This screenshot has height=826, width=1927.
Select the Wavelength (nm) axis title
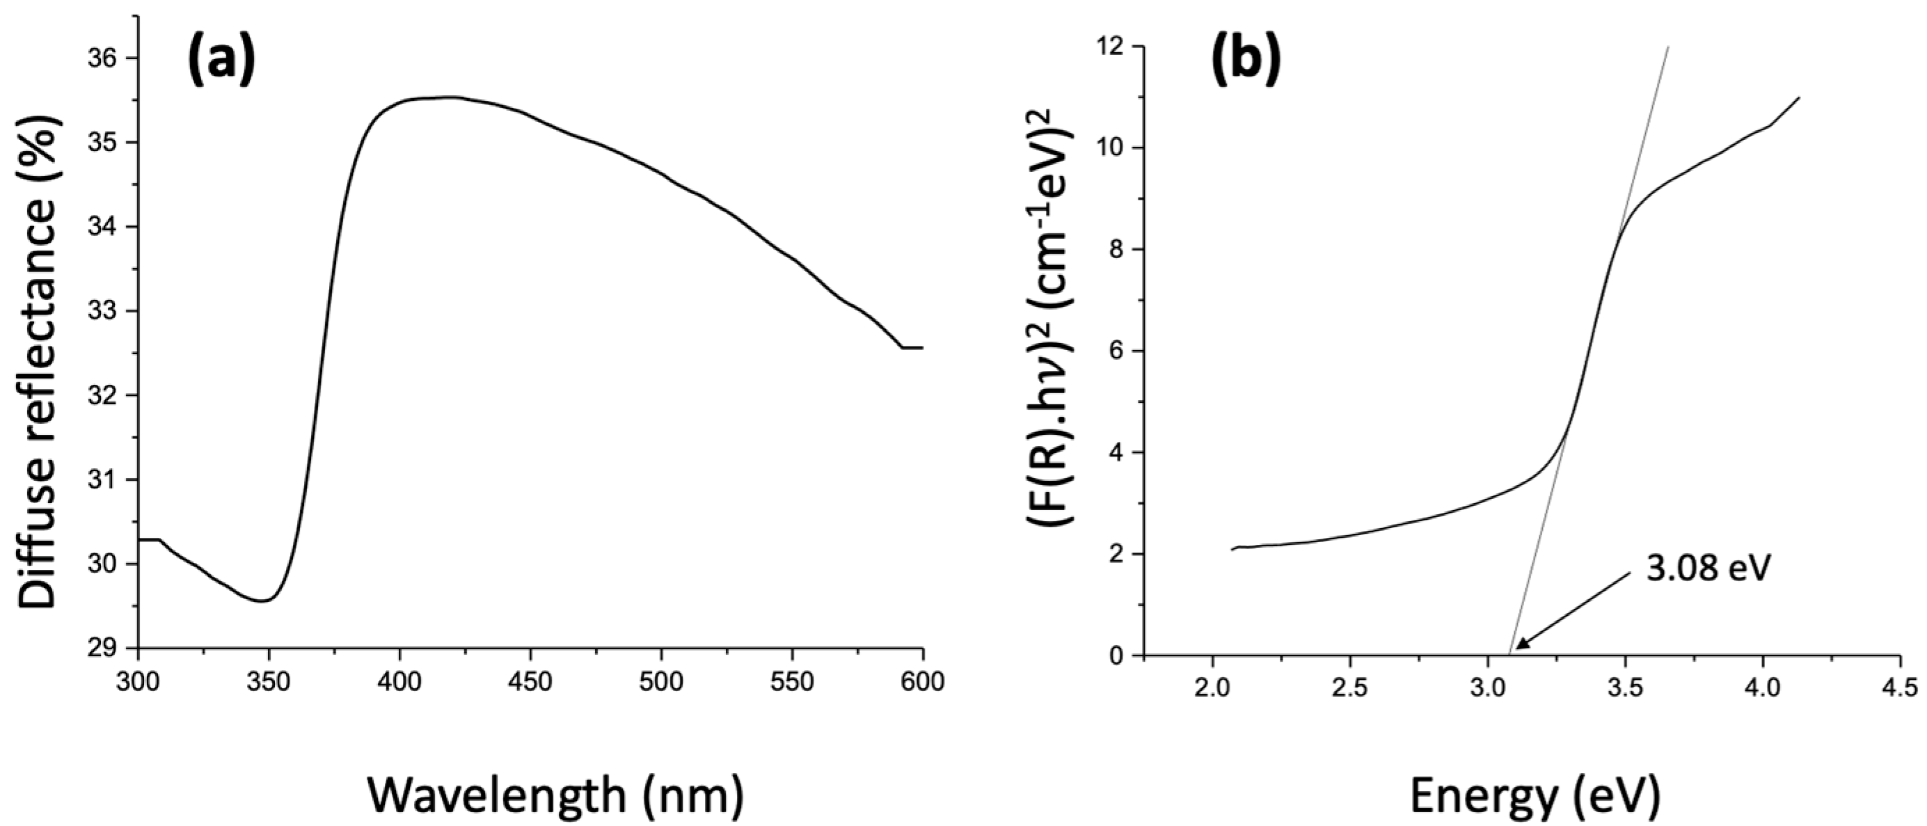point(556,795)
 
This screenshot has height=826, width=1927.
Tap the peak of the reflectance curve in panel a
point(445,97)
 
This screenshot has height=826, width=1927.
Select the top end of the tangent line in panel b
point(1669,47)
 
